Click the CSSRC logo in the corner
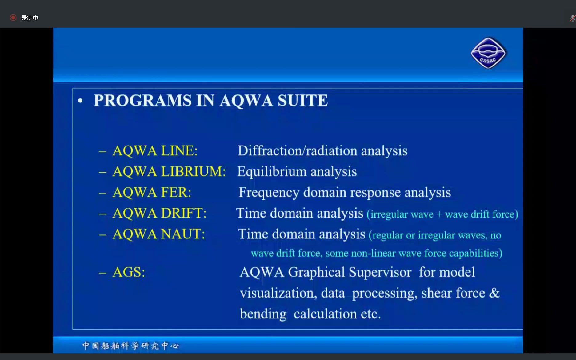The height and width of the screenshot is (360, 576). coord(488,53)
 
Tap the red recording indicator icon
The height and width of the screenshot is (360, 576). coord(13,18)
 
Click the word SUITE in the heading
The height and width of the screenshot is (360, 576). coord(303,100)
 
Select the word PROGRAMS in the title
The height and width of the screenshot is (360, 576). coord(142,100)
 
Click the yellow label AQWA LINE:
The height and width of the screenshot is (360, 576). coord(155,151)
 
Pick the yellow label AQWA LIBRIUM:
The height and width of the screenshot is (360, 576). coord(169,171)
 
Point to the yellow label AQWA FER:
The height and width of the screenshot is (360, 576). coord(152,192)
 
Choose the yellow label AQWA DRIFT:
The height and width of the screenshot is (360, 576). coord(159,213)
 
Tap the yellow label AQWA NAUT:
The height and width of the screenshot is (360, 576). coord(158,234)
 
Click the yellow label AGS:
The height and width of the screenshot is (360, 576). coord(129,272)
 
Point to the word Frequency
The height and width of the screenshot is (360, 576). coord(269,193)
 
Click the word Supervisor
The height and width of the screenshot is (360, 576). coord(380,272)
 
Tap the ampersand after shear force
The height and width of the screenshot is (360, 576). coord(494,293)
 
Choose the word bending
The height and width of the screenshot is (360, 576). coord(263,314)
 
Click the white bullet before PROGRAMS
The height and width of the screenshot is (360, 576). coord(80,101)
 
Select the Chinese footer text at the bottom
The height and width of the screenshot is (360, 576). coord(130,346)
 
